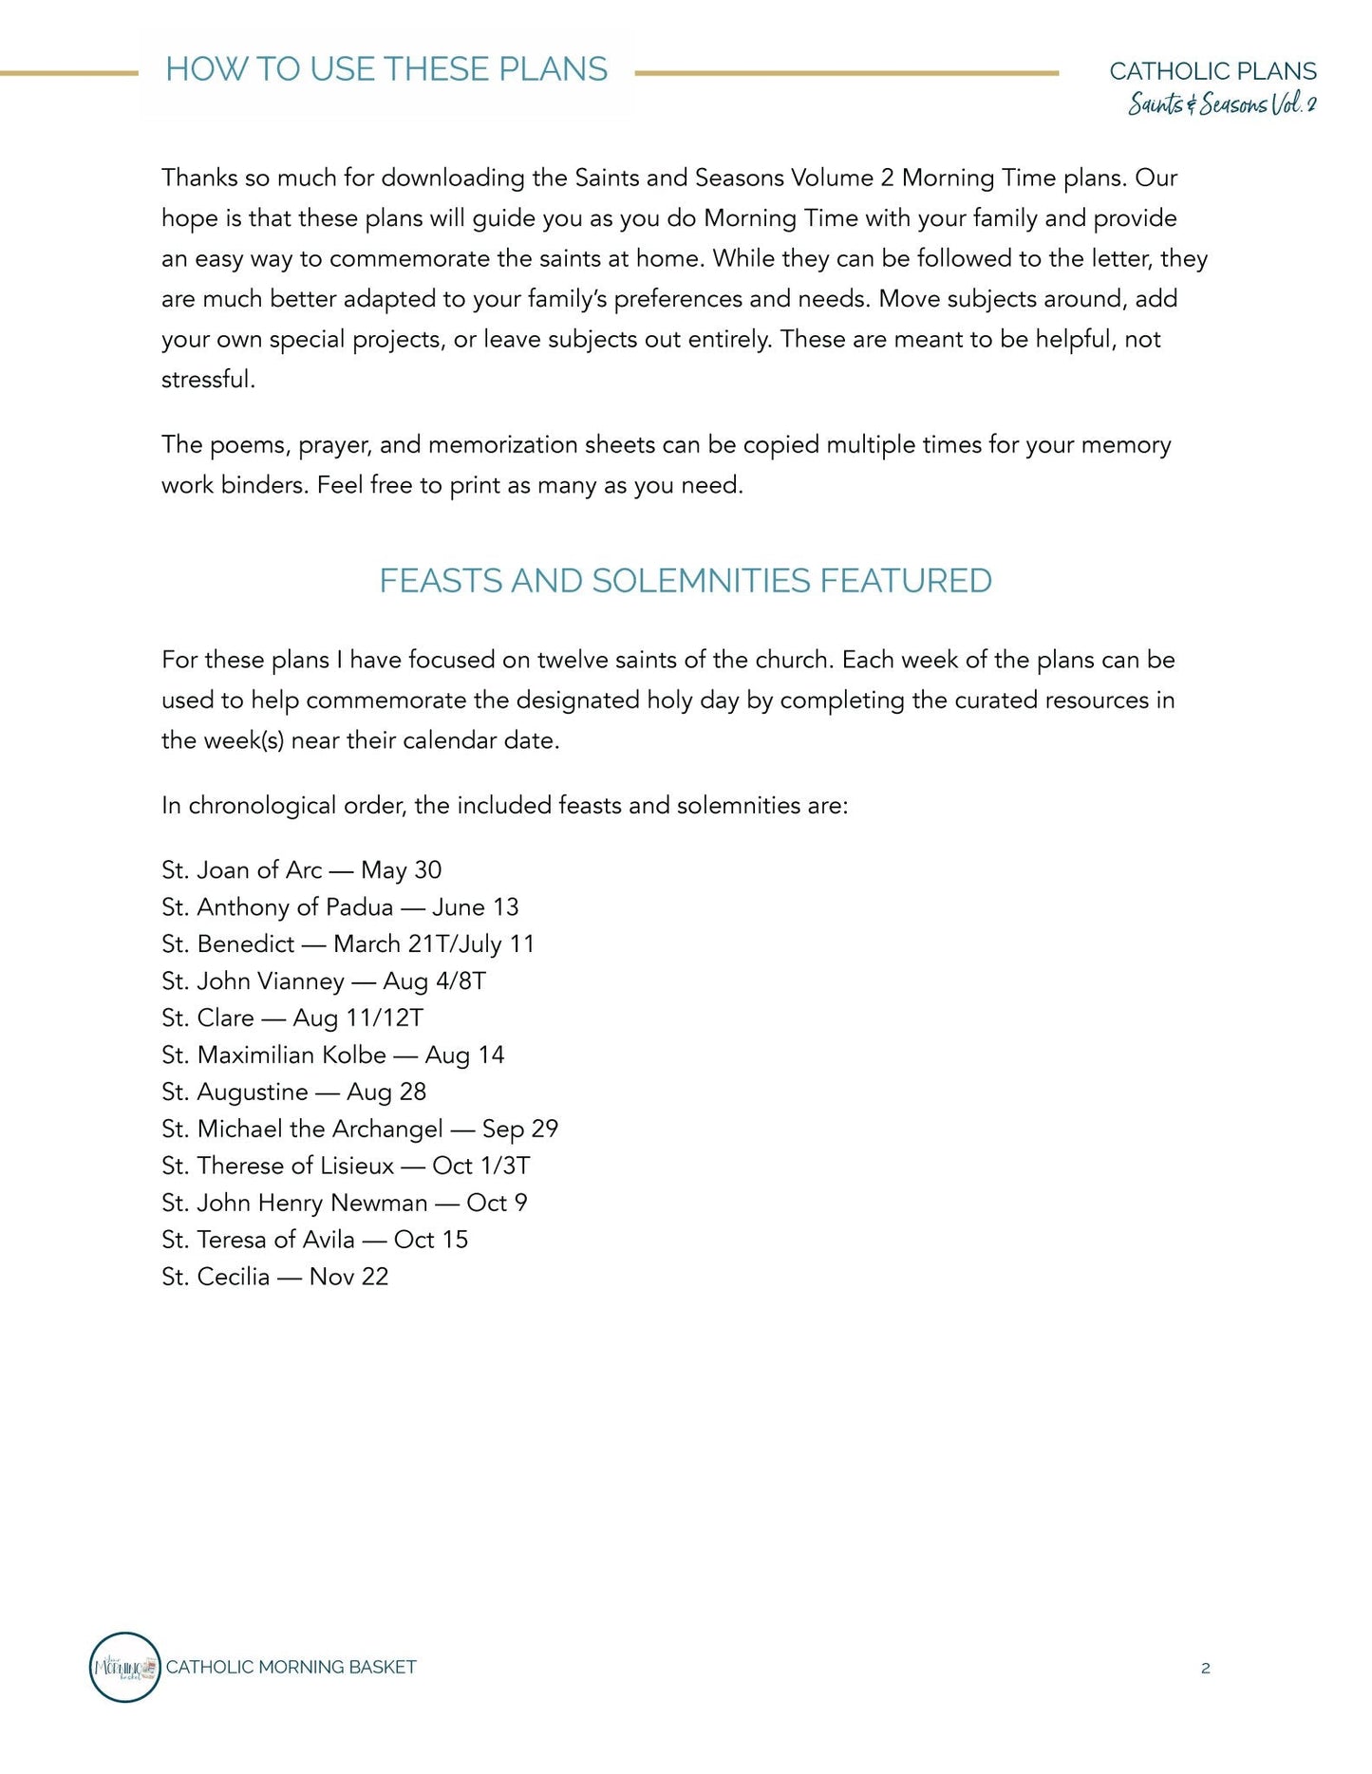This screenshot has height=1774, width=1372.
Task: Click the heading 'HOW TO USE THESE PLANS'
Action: coord(386,69)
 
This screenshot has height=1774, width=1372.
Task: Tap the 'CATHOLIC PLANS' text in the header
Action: coord(1212,71)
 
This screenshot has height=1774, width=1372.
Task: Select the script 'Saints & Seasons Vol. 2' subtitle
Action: coord(1222,103)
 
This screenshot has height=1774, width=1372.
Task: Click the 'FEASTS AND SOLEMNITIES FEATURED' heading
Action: coord(686,580)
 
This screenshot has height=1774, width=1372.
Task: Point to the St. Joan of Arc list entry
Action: coord(301,869)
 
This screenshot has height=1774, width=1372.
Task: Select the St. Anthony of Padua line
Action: coord(340,906)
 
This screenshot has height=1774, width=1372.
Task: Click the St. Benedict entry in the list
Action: coord(348,943)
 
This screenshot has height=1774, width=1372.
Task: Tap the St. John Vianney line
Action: coord(323,980)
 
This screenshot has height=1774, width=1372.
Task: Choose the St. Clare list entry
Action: coord(292,1018)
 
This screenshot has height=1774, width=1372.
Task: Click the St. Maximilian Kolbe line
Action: coord(332,1055)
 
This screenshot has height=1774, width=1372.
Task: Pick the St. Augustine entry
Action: coord(293,1092)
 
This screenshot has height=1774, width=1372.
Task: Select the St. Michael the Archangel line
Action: coord(360,1129)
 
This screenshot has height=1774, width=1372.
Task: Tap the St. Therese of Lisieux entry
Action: coord(346,1166)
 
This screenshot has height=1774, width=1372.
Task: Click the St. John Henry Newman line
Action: coord(344,1203)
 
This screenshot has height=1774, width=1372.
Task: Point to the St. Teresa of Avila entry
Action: coord(314,1240)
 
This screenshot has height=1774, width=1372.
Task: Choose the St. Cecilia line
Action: coord(274,1277)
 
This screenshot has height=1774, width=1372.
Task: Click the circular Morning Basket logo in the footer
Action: coord(124,1668)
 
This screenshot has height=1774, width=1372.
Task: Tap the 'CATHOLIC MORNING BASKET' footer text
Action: coord(291,1668)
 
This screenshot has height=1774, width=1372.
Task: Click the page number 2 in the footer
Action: coord(1205,1669)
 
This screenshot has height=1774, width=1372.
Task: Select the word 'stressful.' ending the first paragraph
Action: coord(208,380)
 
